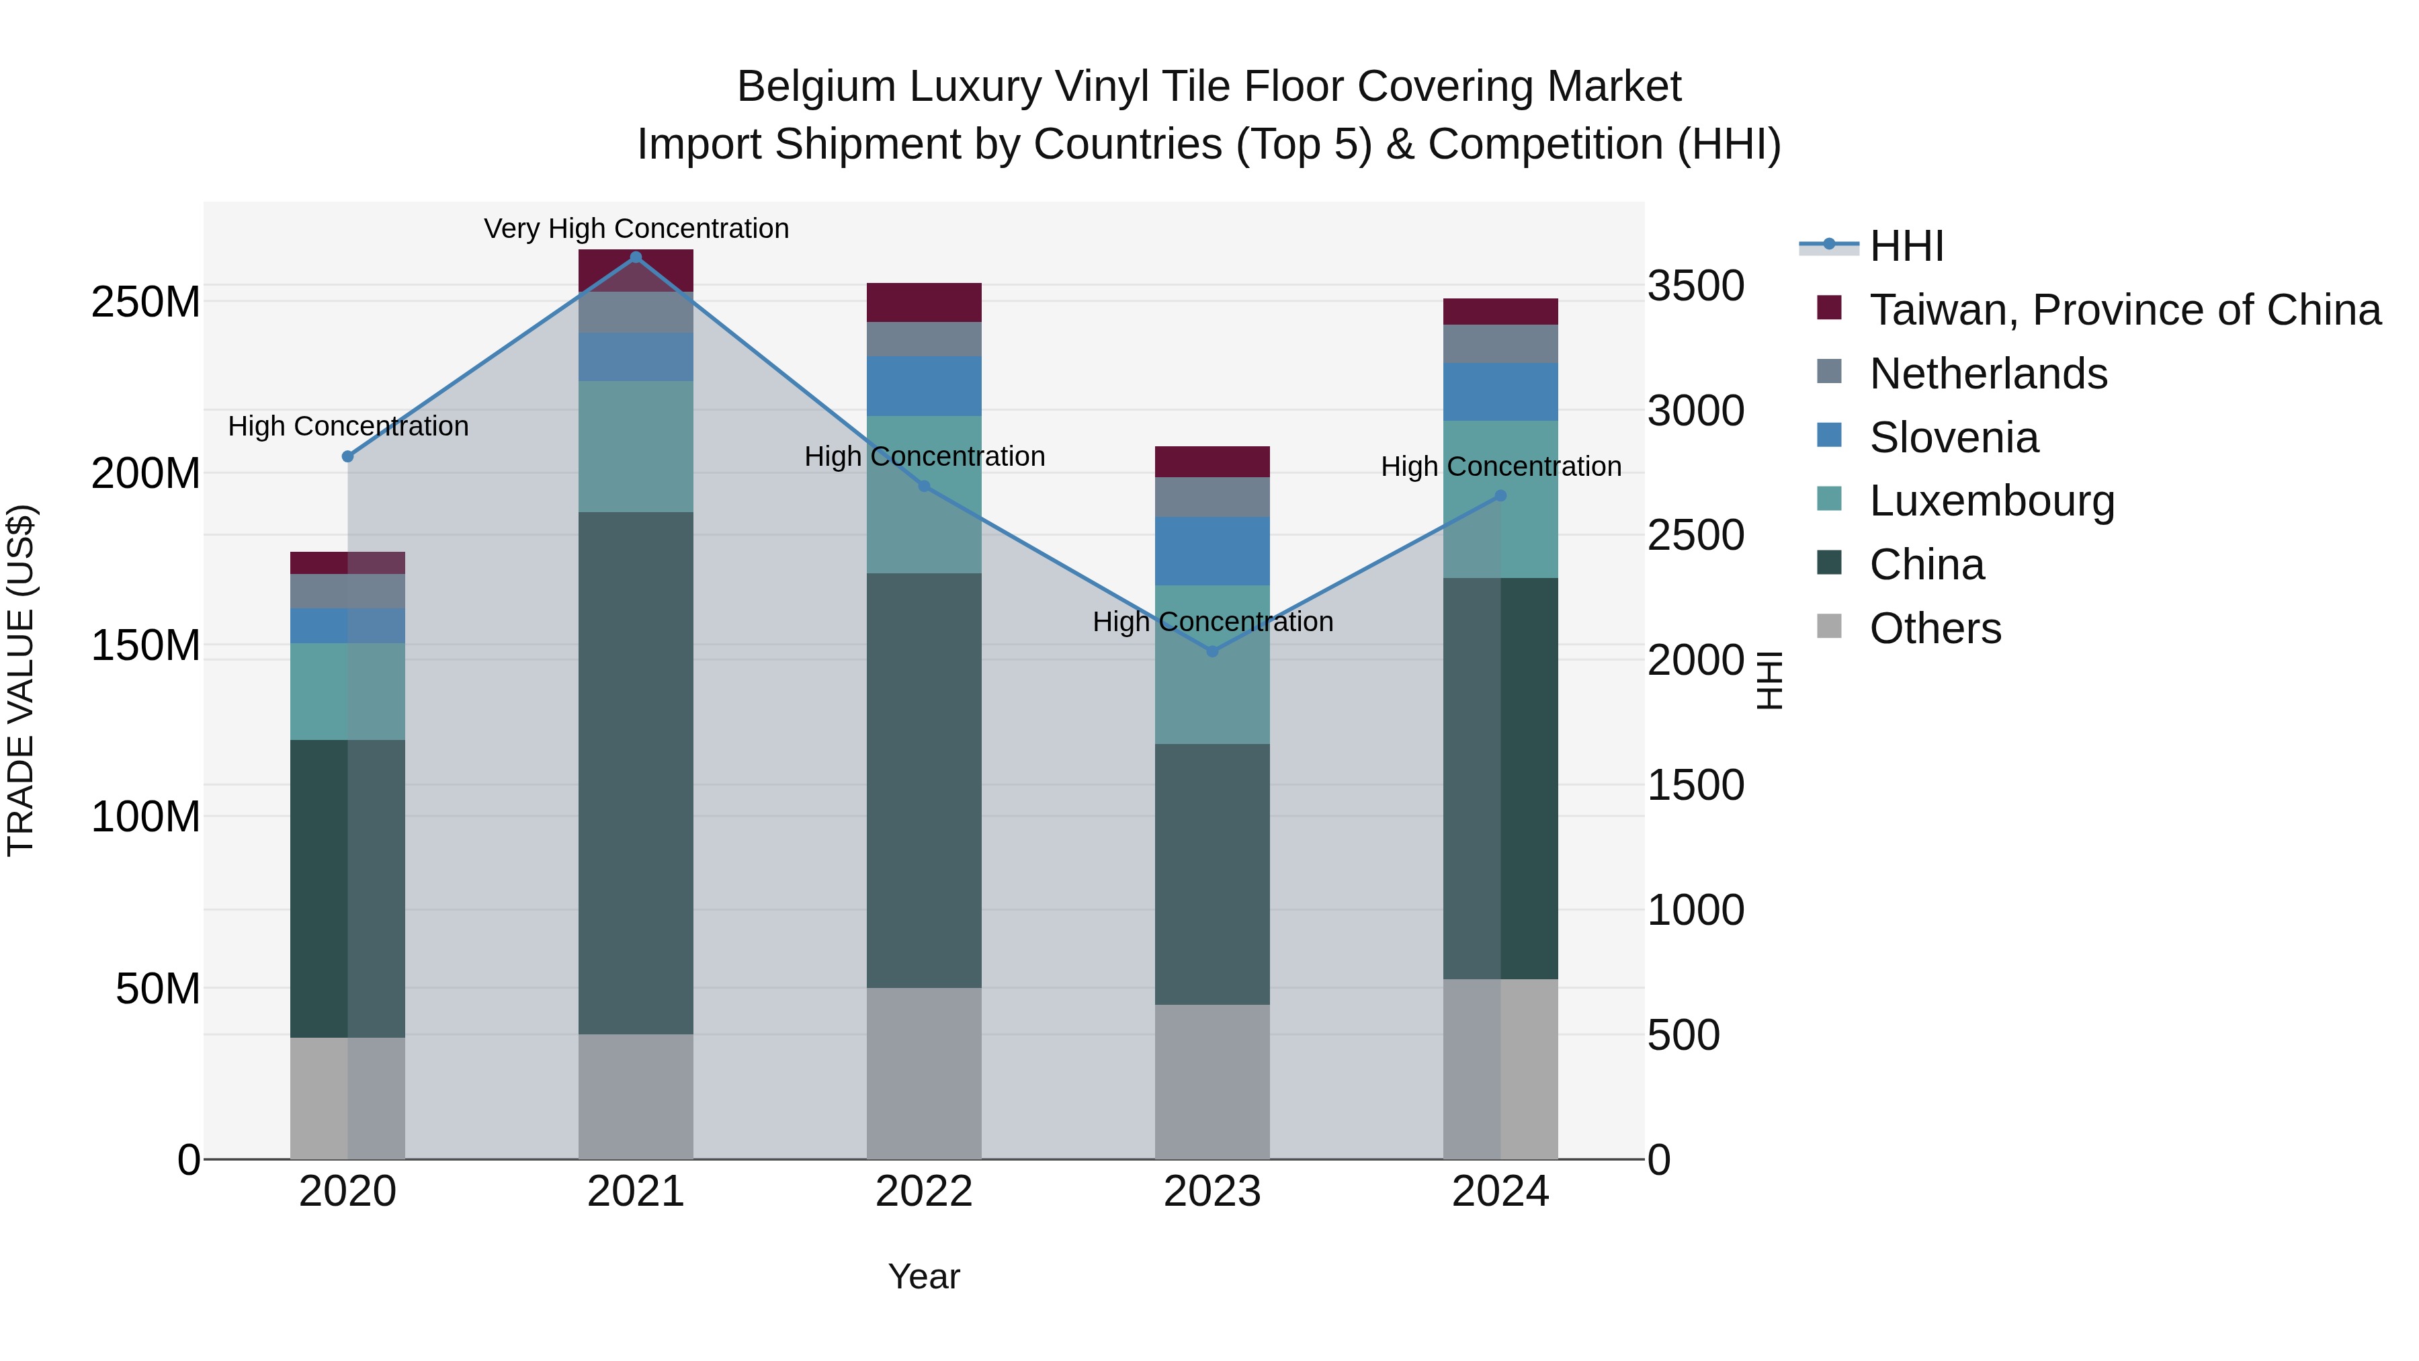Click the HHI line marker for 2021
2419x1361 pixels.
[x=636, y=257]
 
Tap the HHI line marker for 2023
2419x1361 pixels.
[x=1212, y=651]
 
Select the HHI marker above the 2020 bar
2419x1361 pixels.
[x=347, y=456]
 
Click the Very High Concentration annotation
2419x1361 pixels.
[x=636, y=229]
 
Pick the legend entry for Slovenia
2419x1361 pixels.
[x=1953, y=438]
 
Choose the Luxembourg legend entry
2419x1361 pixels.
[x=1991, y=501]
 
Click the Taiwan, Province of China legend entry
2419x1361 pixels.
[x=2124, y=310]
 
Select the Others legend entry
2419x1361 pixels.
[x=1935, y=628]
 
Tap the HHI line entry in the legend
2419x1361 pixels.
[x=1906, y=246]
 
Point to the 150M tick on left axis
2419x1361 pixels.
[x=146, y=645]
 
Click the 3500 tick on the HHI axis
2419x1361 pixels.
[x=1695, y=286]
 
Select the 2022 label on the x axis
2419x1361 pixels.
[x=923, y=1192]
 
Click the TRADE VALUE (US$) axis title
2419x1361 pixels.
[x=21, y=680]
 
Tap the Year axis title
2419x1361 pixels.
[x=923, y=1276]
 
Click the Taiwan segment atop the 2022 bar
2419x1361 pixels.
[x=923, y=302]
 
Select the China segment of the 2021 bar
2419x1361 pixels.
[x=636, y=772]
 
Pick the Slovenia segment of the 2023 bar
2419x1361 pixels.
[x=1212, y=551]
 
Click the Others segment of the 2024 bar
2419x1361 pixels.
[x=1500, y=1069]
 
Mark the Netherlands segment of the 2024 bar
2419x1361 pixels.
[x=1500, y=343]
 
